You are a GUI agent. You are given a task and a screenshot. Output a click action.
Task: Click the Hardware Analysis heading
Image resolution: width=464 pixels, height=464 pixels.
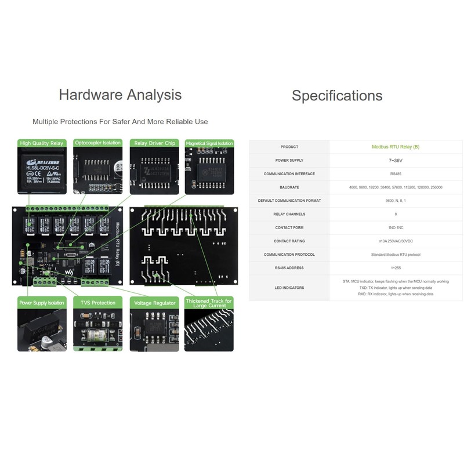click(120, 95)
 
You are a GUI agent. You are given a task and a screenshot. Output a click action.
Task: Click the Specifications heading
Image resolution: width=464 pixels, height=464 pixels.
click(337, 96)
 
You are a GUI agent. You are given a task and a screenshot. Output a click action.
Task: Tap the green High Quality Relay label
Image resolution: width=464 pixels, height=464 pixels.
click(42, 143)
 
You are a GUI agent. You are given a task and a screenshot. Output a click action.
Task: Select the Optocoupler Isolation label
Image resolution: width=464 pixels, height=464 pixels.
click(97, 143)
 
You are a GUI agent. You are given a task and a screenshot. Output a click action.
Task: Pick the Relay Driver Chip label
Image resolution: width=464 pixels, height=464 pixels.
click(154, 143)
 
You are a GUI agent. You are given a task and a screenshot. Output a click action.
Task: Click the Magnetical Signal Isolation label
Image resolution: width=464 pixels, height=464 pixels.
click(209, 143)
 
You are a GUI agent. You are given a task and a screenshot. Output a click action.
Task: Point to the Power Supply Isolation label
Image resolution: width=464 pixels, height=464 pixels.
click(42, 303)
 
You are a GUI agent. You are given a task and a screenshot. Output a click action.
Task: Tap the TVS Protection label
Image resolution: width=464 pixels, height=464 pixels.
click(97, 303)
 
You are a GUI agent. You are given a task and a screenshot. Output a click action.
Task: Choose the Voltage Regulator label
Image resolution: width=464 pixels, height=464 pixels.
click(154, 303)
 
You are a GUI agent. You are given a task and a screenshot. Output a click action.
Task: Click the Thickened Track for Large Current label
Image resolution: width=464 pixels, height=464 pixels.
click(209, 303)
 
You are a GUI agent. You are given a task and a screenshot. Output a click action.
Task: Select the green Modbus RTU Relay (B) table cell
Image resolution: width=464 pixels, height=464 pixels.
click(396, 147)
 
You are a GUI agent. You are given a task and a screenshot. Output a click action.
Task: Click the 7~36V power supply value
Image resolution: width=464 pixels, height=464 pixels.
click(396, 160)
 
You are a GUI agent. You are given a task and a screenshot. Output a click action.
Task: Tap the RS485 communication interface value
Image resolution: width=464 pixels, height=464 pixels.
click(396, 173)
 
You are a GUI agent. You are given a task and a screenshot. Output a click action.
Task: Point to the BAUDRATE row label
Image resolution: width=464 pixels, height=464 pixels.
click(289, 187)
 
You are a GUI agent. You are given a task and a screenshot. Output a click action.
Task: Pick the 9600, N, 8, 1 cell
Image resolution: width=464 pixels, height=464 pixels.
click(396, 201)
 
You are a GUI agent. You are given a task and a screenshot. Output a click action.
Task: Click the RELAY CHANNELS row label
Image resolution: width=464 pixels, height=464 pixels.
click(289, 214)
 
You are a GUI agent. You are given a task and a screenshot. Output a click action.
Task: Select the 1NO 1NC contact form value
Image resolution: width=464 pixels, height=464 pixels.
click(396, 227)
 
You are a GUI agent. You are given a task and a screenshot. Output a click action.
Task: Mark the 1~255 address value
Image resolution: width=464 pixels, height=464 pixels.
click(396, 268)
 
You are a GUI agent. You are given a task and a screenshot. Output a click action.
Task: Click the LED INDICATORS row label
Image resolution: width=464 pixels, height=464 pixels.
click(289, 288)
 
